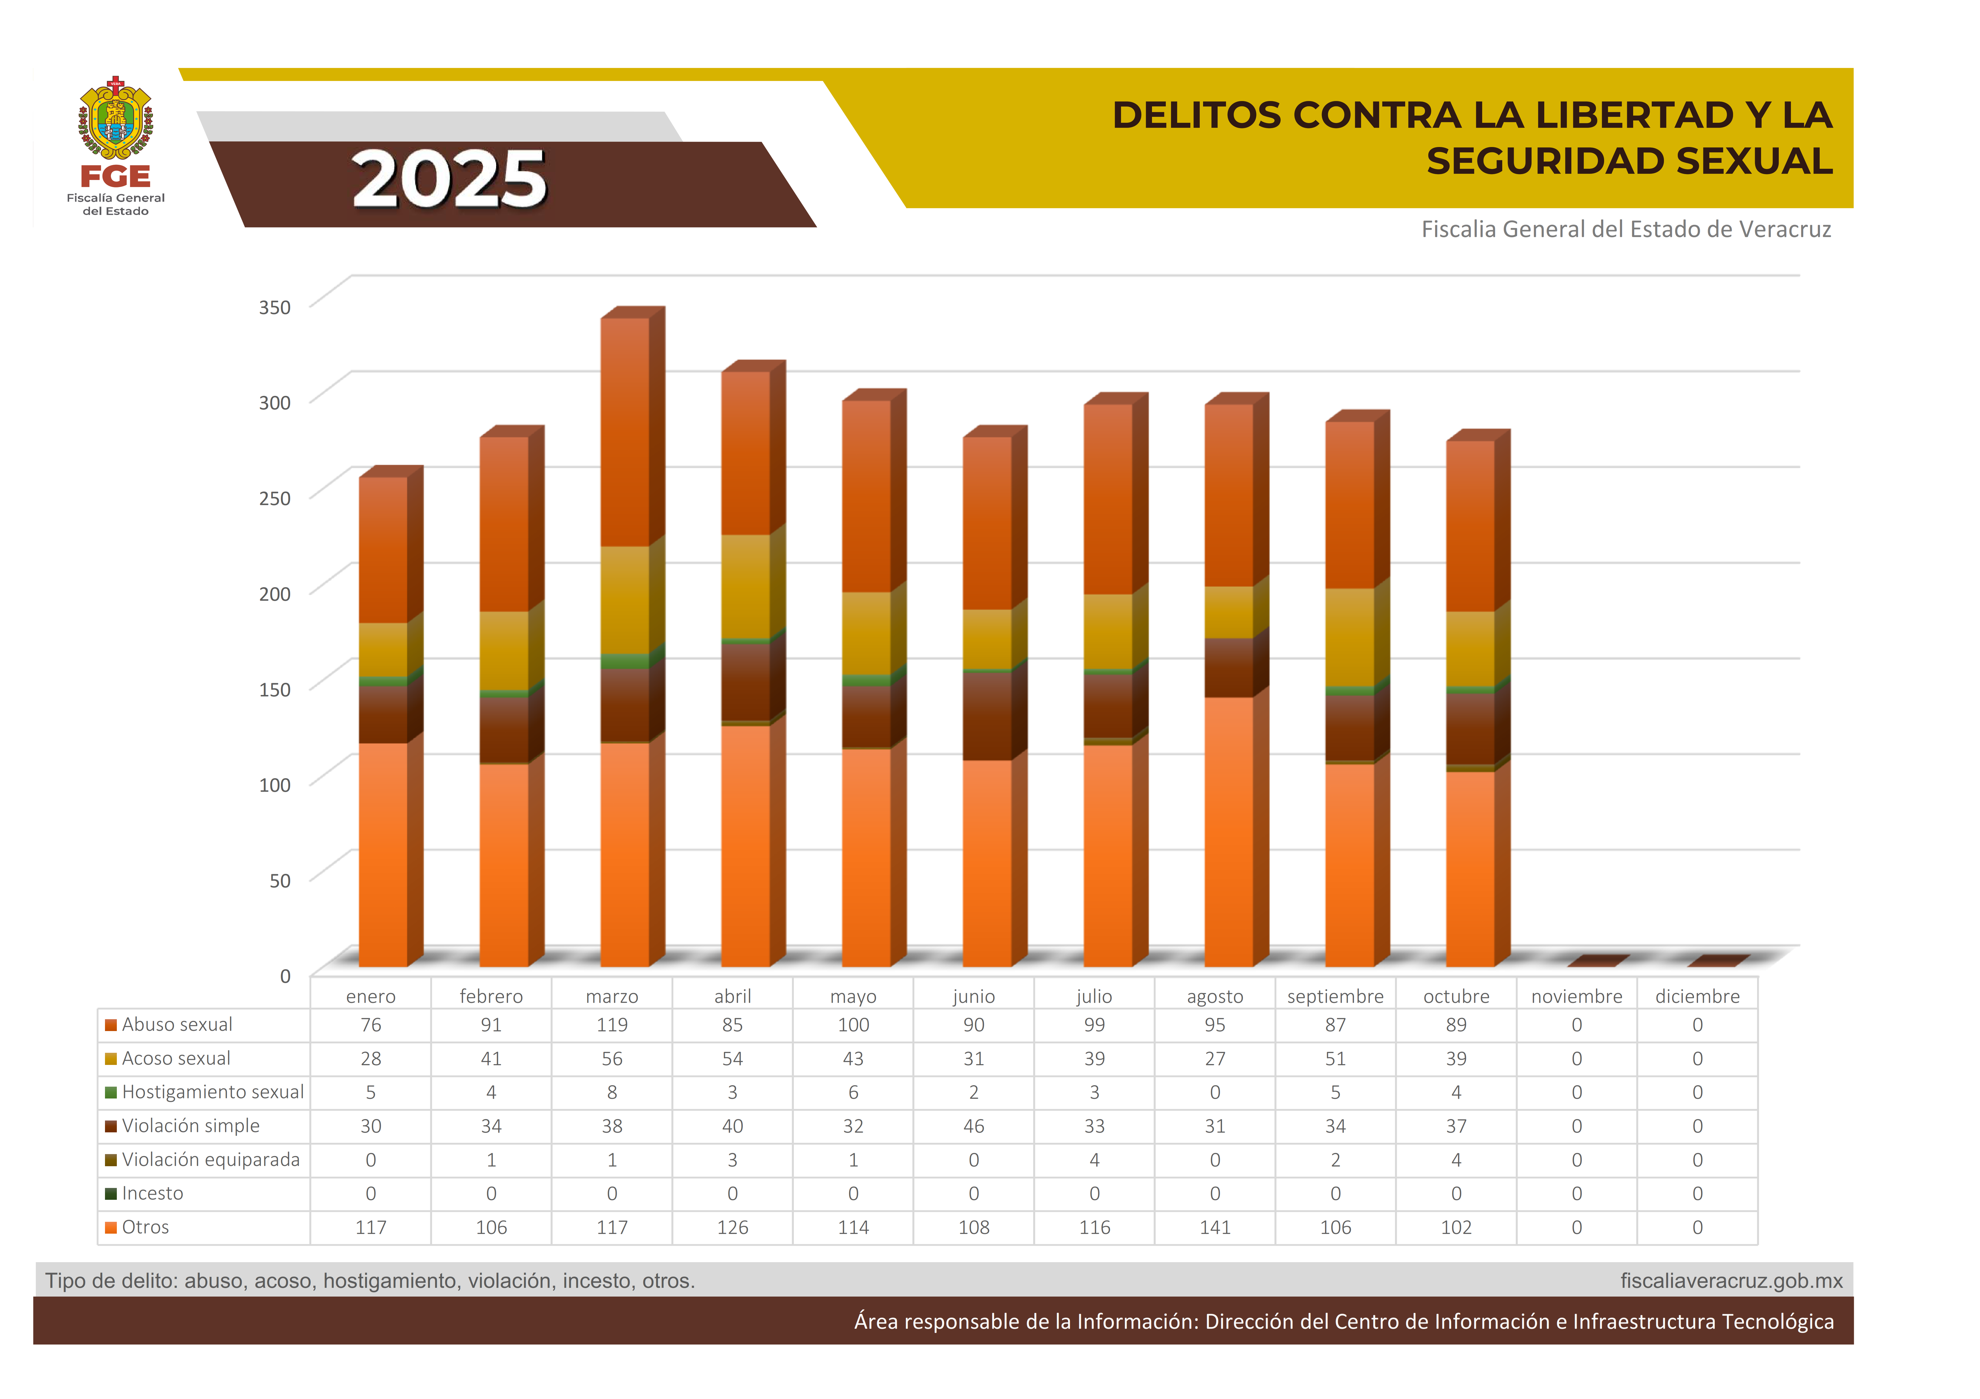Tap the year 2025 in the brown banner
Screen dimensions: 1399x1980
click(x=449, y=179)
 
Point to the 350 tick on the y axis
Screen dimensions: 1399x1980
click(x=274, y=307)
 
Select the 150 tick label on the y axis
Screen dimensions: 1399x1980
click(x=274, y=689)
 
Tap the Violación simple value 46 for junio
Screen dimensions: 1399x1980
click(x=974, y=1126)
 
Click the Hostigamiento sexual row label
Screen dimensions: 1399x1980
click(x=212, y=1092)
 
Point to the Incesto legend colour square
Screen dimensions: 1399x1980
click(x=110, y=1194)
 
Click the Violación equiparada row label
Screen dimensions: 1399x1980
click(x=211, y=1160)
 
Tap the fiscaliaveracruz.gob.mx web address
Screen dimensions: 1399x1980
click(x=1731, y=1281)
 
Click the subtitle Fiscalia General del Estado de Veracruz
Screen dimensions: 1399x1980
click(x=1626, y=229)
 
